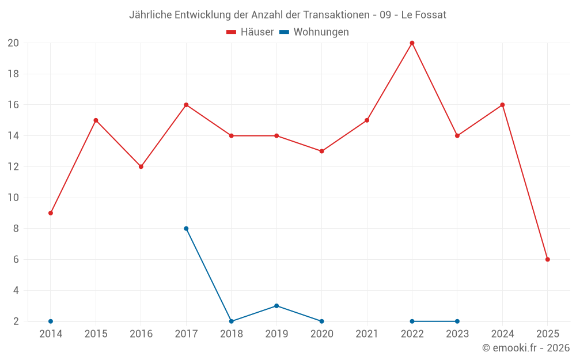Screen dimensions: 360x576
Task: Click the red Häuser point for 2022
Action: (x=412, y=43)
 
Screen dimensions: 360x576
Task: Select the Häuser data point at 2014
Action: (x=51, y=213)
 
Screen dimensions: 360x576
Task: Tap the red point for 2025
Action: (x=548, y=259)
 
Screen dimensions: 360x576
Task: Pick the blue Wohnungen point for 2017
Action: (x=186, y=229)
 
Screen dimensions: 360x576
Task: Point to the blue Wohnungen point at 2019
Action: (x=276, y=306)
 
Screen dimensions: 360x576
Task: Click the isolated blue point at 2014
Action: (x=51, y=321)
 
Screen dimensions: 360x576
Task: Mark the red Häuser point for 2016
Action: (x=141, y=166)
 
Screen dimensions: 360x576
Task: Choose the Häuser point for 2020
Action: (x=321, y=151)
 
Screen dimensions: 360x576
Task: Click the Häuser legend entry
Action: (x=250, y=32)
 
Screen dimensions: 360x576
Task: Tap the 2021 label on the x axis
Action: (x=367, y=334)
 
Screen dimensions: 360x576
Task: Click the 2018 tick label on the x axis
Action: (x=232, y=334)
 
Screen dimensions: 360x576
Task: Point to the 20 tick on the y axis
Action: (x=13, y=43)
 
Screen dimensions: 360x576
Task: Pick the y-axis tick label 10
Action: (x=13, y=198)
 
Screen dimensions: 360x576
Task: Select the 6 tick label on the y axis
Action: (x=16, y=260)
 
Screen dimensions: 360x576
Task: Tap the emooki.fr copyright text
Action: (x=526, y=348)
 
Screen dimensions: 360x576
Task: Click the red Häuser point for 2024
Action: (x=502, y=105)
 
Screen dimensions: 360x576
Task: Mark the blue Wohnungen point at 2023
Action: (x=457, y=321)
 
